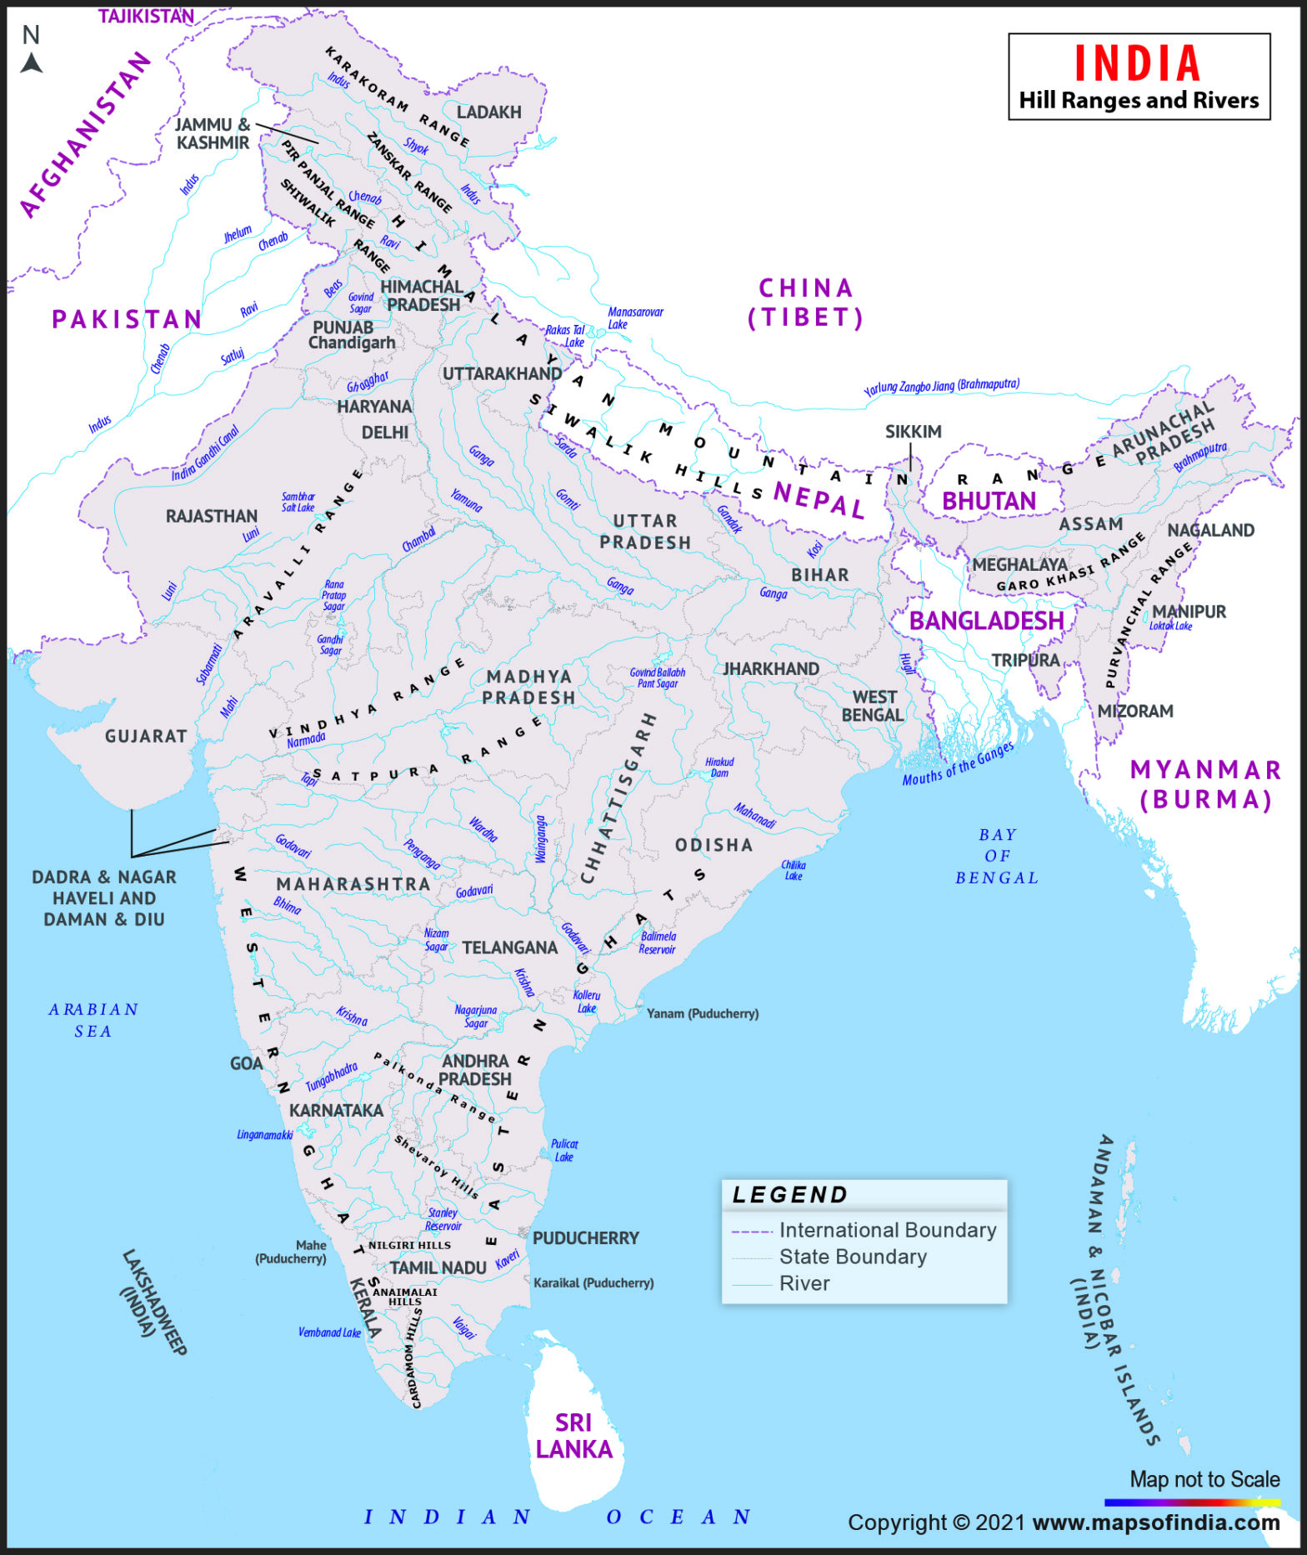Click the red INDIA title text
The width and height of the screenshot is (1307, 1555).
click(1137, 64)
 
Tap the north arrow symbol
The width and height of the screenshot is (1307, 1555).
click(32, 62)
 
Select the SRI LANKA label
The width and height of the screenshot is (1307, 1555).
click(573, 1436)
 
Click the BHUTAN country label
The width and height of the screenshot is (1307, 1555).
click(989, 501)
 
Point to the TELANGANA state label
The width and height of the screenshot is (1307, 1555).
click(509, 947)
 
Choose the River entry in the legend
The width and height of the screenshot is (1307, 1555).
click(804, 1283)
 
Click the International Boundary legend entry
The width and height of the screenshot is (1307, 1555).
click(887, 1230)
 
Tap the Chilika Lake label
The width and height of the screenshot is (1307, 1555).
click(794, 870)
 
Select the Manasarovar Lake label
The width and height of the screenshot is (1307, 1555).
click(634, 317)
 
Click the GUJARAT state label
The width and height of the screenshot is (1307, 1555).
click(146, 736)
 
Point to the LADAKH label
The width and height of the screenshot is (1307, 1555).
click(488, 112)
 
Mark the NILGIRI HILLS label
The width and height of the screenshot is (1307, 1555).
click(409, 1245)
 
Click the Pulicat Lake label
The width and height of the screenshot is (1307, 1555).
click(564, 1150)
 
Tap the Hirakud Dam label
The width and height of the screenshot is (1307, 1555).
click(719, 767)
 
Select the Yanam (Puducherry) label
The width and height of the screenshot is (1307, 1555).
click(702, 1013)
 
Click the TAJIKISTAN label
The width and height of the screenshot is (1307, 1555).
click(146, 16)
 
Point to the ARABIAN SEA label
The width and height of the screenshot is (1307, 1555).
click(93, 1020)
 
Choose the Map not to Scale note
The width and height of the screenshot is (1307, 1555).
click(1204, 1479)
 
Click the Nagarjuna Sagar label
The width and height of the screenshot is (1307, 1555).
click(476, 1016)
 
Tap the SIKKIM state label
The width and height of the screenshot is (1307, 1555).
click(913, 431)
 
